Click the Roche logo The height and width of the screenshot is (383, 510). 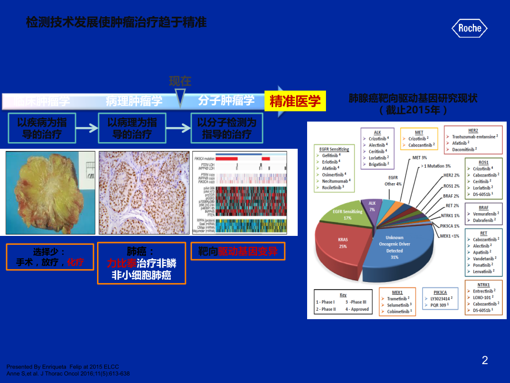470,28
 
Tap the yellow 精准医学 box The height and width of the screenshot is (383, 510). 295,100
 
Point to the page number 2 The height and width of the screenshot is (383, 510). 485,360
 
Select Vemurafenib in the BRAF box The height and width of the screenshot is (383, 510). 486,213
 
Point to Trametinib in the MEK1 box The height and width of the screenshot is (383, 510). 398,298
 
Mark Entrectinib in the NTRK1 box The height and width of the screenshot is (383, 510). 486,291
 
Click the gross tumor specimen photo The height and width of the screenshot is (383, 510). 50,192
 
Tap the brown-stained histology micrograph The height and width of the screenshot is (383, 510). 142,192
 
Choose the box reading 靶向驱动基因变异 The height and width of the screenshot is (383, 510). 237,253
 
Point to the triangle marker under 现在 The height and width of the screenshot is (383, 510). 180,99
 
